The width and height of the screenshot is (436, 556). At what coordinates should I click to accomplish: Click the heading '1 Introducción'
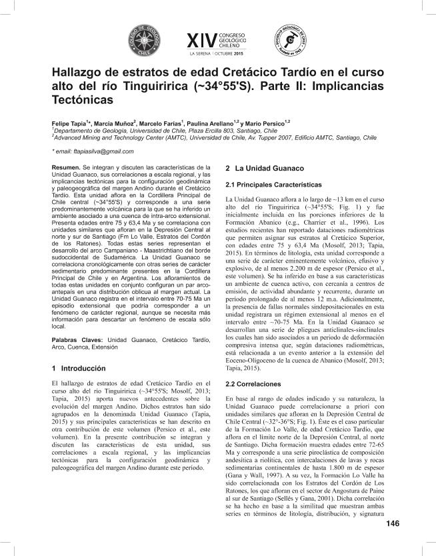pyautogui.click(x=79, y=368)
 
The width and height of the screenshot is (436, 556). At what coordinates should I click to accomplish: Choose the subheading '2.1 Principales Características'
pyautogui.click(x=275, y=184)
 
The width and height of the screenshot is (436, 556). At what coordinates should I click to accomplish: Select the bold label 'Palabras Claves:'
pyautogui.click(x=75, y=340)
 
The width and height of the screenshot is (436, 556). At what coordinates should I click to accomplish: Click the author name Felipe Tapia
pyautogui.click(x=68, y=124)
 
